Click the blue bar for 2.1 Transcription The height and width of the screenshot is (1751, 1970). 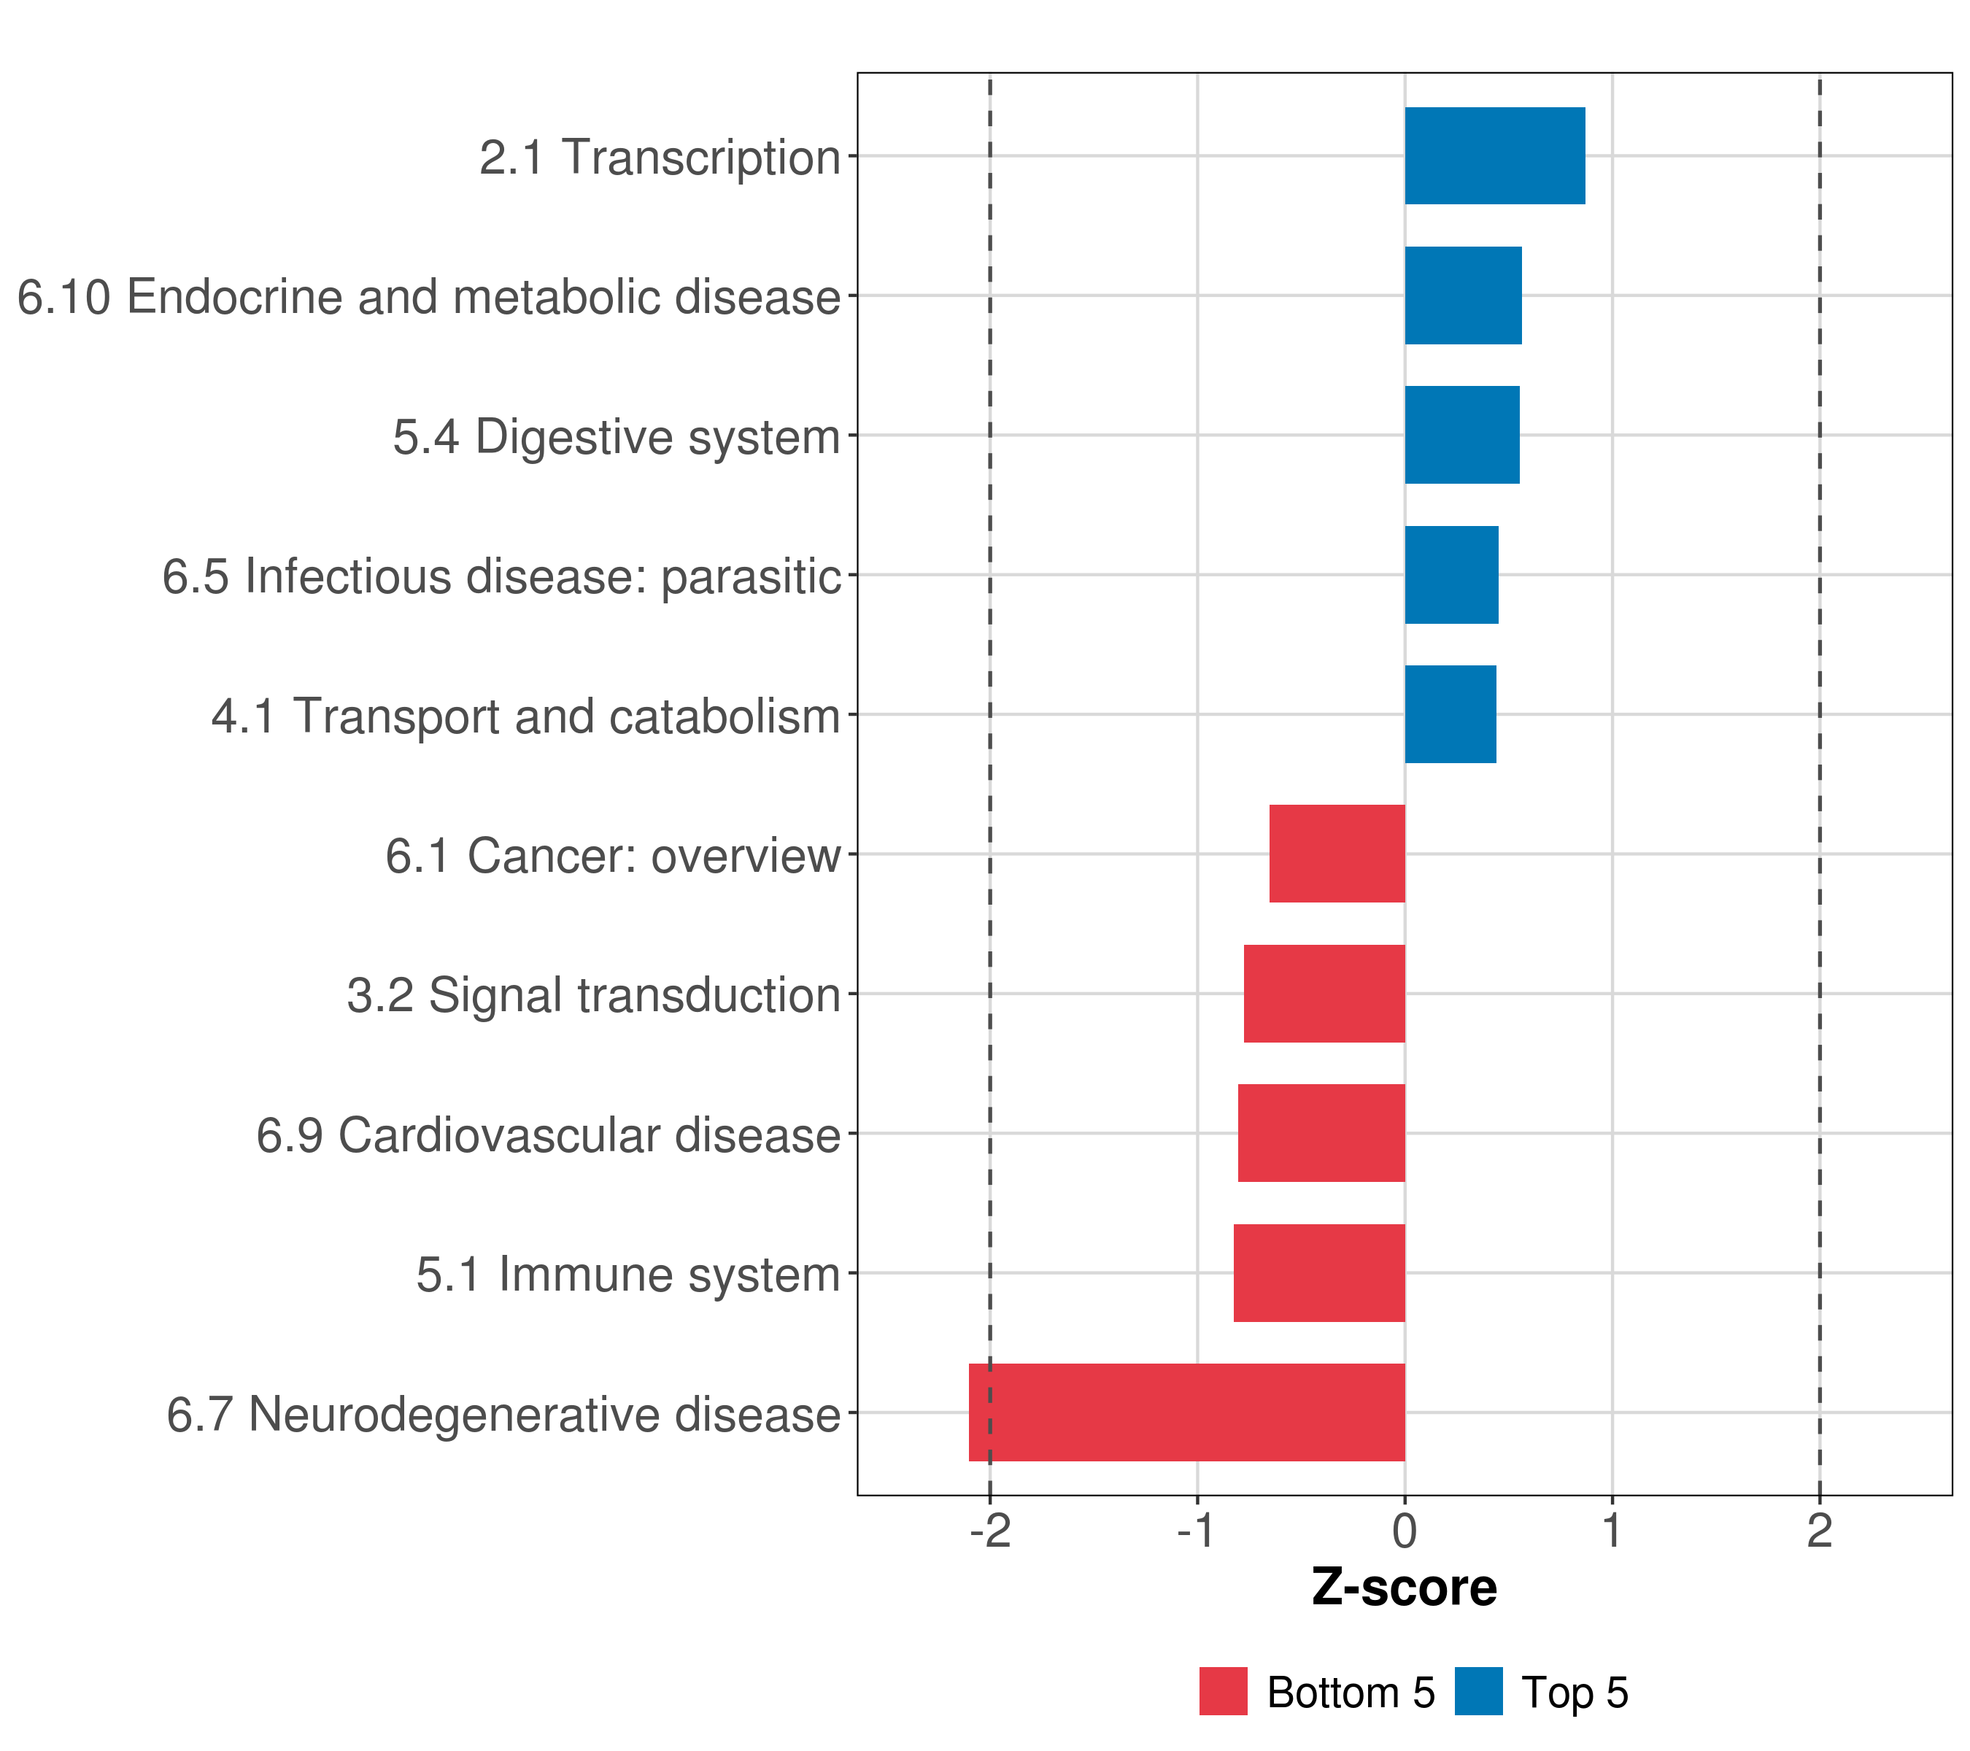[1494, 155]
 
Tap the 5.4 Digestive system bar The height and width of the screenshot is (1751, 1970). [1461, 435]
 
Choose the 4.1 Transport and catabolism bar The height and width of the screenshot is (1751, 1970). [1450, 714]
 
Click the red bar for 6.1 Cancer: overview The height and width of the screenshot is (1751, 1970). [1337, 854]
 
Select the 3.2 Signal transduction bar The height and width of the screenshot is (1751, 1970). [1324, 994]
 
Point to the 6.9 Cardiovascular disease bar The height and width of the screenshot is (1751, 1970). [1321, 1133]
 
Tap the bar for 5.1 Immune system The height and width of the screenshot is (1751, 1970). [1318, 1273]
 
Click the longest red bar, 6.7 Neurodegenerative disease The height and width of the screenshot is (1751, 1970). [1186, 1412]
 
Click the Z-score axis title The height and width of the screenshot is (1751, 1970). [1405, 1588]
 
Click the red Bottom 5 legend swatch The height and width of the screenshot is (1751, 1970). [1223, 1692]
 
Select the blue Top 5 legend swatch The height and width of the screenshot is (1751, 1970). [1478, 1692]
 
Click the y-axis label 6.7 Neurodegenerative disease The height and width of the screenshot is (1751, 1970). [503, 1415]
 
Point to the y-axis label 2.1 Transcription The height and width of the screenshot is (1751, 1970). [660, 157]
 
